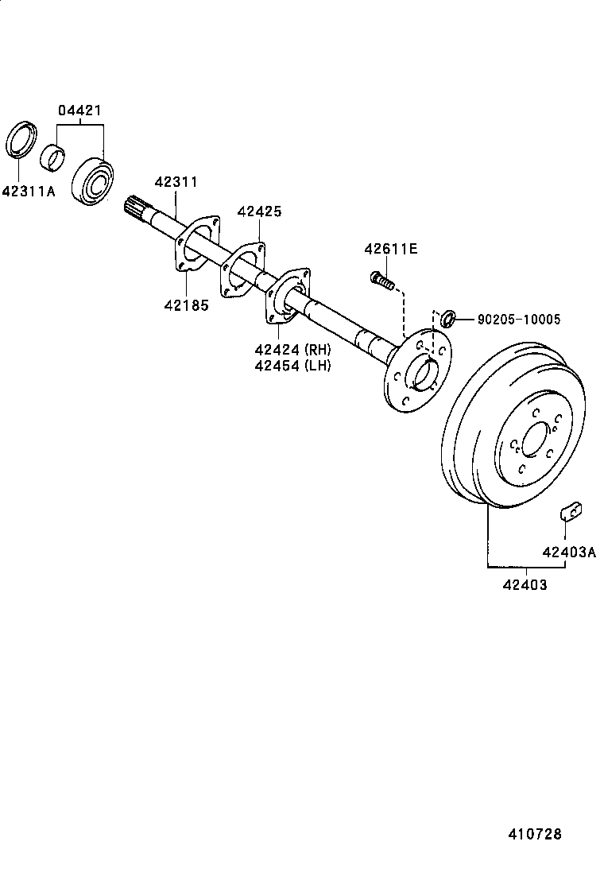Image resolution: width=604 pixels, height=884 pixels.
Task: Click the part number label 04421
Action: click(79, 111)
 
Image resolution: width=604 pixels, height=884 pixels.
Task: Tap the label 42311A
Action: click(29, 191)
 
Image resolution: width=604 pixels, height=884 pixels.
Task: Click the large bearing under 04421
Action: click(94, 181)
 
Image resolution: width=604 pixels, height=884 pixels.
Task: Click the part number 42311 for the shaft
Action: click(176, 182)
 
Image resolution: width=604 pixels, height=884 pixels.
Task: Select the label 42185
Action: click(187, 304)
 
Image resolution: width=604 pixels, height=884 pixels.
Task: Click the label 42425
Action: click(259, 211)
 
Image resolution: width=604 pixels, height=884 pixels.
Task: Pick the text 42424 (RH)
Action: click(292, 349)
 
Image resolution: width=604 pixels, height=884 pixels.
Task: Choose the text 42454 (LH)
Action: click(292, 366)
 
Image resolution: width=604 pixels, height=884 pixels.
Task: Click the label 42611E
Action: click(390, 249)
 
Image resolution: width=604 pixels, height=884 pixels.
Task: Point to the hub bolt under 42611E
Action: click(381, 280)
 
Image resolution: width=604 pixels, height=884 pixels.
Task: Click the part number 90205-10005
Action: click(519, 320)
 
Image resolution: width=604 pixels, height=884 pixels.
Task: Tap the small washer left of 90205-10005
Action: click(447, 318)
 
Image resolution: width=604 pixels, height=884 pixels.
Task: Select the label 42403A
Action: click(568, 552)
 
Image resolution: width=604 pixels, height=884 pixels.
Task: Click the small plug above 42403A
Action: click(570, 510)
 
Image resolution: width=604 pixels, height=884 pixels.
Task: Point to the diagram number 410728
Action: click(536, 834)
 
